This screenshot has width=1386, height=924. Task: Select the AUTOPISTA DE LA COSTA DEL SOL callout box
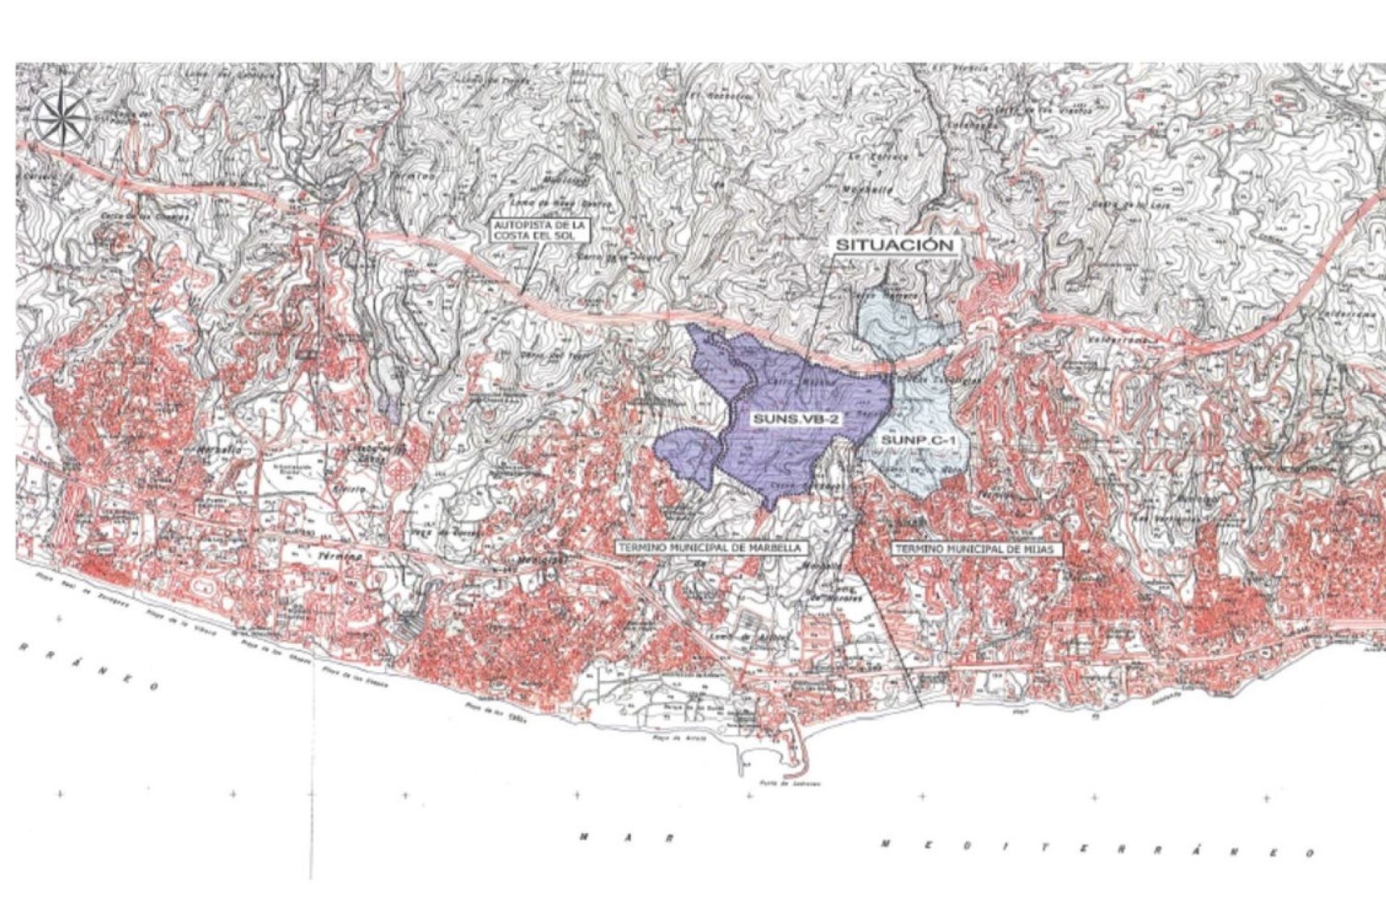(541, 233)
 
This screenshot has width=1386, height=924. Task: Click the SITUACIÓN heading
(895, 245)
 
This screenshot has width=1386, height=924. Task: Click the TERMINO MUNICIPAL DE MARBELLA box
(709, 548)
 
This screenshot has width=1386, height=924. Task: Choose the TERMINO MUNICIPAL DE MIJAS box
(978, 549)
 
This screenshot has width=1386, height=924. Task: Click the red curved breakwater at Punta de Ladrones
(798, 751)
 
